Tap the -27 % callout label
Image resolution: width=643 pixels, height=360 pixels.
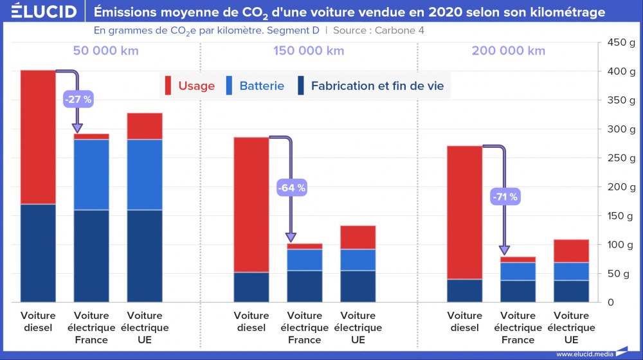click(78, 99)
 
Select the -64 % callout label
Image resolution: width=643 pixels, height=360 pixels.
click(291, 188)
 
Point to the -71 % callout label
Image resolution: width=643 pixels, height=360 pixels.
click(505, 197)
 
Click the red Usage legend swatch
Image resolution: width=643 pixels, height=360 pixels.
click(168, 85)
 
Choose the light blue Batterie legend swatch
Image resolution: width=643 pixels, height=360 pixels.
click(230, 85)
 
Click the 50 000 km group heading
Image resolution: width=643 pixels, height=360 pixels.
click(106, 51)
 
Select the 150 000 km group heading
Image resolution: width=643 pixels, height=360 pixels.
click(309, 51)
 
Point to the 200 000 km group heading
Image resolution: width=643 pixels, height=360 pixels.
click(508, 51)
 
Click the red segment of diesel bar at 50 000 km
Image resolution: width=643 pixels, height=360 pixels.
click(38, 137)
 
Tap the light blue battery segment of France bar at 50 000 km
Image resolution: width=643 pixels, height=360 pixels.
click(91, 174)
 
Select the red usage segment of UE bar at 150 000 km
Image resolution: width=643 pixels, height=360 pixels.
click(358, 237)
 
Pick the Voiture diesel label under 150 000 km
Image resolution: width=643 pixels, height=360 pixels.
click(251, 321)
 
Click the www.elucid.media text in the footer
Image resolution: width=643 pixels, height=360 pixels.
click(584, 354)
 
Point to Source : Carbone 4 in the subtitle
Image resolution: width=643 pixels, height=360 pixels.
click(378, 30)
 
